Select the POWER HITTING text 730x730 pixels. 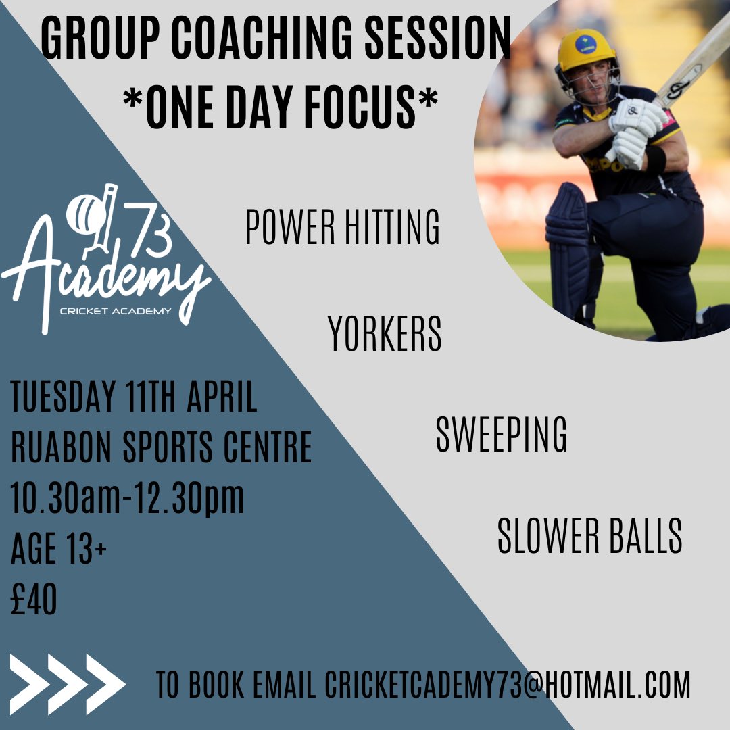[x=342, y=228]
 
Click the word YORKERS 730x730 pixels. [x=385, y=334]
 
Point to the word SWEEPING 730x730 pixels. [x=501, y=435]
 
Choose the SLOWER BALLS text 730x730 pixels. [x=589, y=537]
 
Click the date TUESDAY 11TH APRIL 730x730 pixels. [x=134, y=397]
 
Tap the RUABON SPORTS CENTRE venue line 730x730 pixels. [x=162, y=447]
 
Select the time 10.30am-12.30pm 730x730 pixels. [x=127, y=499]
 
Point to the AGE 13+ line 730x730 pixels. [x=59, y=549]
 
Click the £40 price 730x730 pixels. [x=34, y=600]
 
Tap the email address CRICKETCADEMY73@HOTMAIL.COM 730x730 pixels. [x=508, y=684]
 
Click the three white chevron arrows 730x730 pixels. [x=68, y=684]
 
